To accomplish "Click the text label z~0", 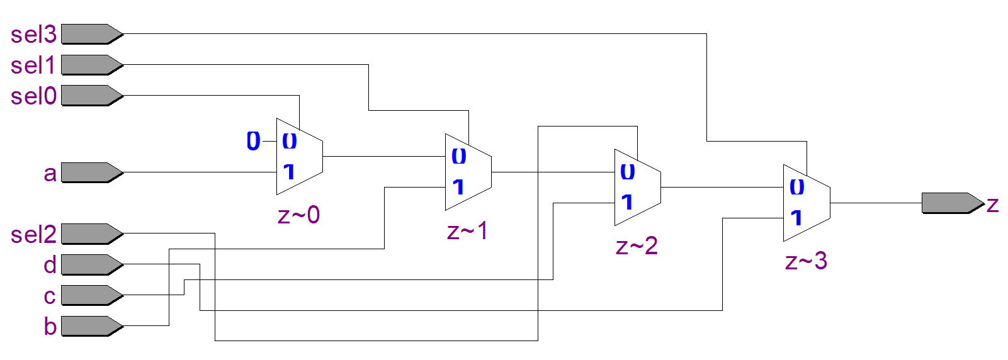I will click(x=298, y=215).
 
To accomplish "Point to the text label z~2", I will click(x=637, y=246).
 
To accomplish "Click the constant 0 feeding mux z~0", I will click(x=253, y=141).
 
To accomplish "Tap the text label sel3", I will click(x=33, y=35).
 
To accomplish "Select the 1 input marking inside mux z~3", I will click(x=796, y=218).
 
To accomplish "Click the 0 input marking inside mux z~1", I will click(x=459, y=156).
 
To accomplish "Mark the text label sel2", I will click(x=33, y=235).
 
